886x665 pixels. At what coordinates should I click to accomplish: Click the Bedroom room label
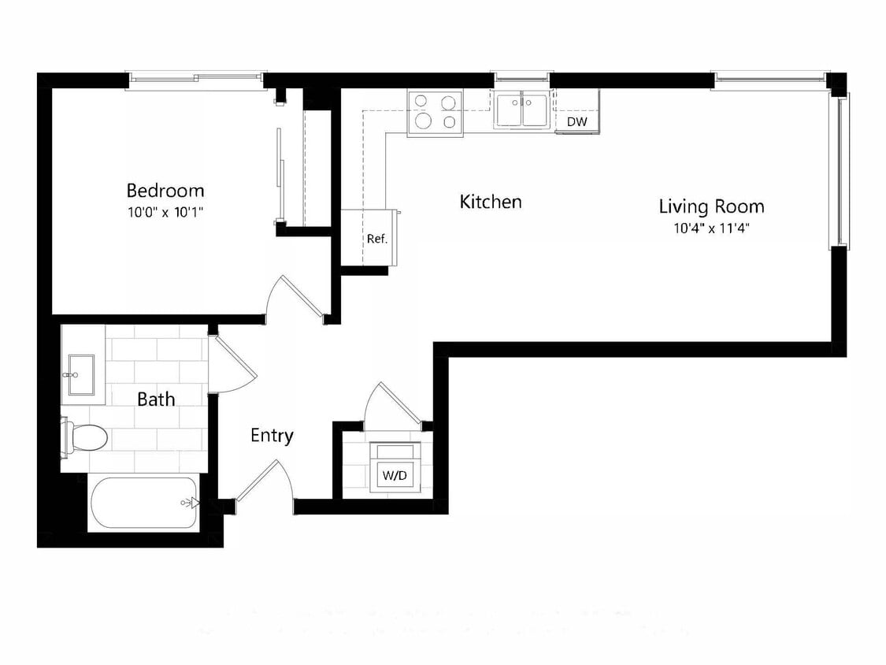(165, 191)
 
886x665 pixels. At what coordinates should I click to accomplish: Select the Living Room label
(711, 207)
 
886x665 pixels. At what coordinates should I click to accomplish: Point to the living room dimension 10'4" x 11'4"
(711, 229)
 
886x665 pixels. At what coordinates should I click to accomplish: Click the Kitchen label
(490, 202)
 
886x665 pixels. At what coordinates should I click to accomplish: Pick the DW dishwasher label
(576, 122)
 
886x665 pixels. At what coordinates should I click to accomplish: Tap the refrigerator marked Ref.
(376, 239)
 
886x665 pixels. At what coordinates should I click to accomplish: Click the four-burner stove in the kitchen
(435, 112)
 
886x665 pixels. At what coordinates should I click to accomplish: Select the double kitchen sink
(521, 110)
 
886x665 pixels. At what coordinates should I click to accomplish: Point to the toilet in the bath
(85, 437)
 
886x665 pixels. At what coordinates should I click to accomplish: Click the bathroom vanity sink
(81, 373)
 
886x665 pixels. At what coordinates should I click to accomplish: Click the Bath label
(156, 399)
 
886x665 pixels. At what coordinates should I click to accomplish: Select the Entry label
(272, 435)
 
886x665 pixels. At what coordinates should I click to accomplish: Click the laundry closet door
(396, 406)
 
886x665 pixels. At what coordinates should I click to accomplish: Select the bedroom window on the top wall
(195, 77)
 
